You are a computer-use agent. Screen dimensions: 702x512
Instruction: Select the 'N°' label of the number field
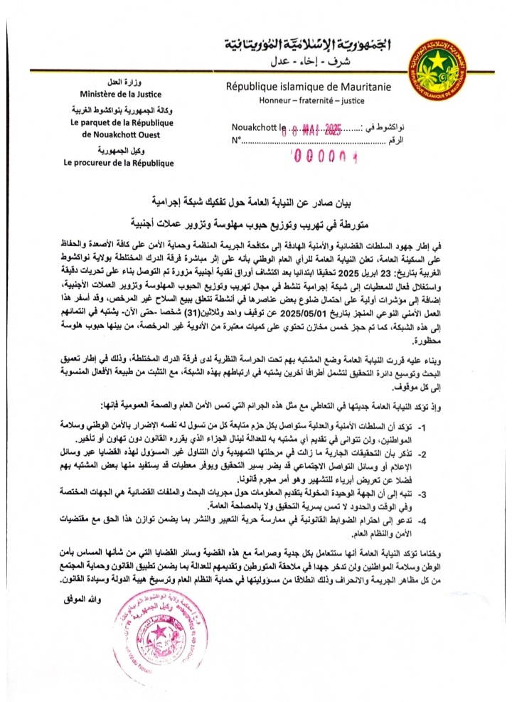point(236,141)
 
